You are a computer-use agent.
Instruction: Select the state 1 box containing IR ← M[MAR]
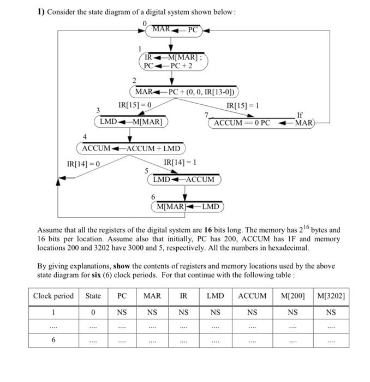click(x=173, y=61)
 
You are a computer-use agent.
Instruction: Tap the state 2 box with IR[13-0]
click(x=185, y=92)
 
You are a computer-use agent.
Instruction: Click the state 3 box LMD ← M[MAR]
click(x=131, y=122)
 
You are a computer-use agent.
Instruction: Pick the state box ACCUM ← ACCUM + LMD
click(x=131, y=148)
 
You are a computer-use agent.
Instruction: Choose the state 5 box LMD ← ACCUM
click(x=183, y=180)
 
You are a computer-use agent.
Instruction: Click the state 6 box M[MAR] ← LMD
click(x=187, y=207)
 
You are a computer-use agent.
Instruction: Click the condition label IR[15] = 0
click(x=134, y=105)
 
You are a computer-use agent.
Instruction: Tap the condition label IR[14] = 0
click(x=83, y=164)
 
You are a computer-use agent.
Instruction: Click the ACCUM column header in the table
click(x=252, y=296)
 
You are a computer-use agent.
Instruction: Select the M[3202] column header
click(x=331, y=296)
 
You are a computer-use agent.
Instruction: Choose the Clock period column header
click(x=53, y=296)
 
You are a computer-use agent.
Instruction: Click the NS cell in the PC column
click(x=122, y=313)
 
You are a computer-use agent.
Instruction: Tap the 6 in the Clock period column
click(x=53, y=339)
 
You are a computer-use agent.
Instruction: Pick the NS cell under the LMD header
click(x=215, y=313)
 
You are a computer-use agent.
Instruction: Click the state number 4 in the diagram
click(x=85, y=136)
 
